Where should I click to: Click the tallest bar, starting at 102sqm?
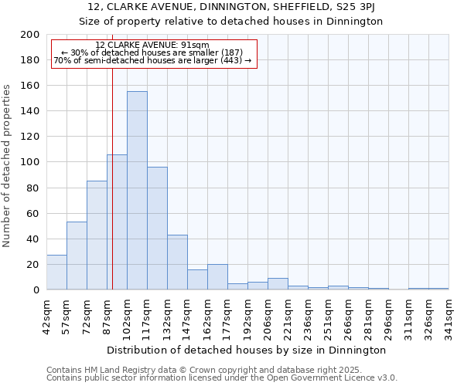pos(137,191)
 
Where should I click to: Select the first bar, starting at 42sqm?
pos(56,273)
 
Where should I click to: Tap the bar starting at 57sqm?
pos(77,256)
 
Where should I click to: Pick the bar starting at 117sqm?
pos(157,229)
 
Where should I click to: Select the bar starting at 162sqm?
pos(217,277)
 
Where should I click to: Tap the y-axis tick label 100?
pos(30,162)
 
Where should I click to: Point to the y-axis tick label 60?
pos(33,213)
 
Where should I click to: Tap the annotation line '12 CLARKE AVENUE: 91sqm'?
pos(152,46)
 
